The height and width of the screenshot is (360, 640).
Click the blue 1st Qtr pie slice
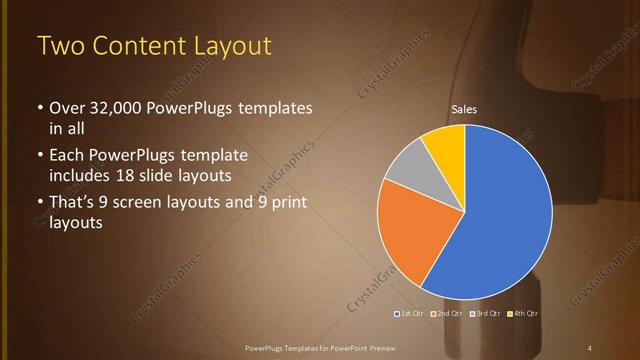tap(505, 210)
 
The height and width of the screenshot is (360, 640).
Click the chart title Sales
tap(464, 108)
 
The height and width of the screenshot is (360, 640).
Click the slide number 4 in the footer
tap(590, 347)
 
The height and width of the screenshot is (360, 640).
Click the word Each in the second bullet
tap(66, 156)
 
